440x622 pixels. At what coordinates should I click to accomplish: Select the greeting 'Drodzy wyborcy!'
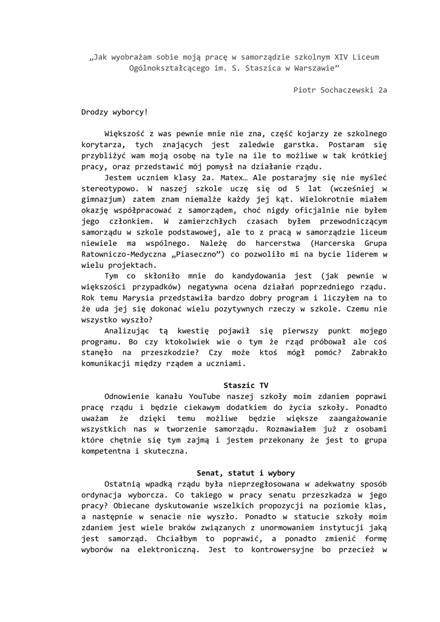click(x=114, y=112)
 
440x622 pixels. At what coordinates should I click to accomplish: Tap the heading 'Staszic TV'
click(x=246, y=385)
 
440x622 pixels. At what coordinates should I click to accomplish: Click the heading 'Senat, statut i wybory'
click(x=246, y=473)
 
